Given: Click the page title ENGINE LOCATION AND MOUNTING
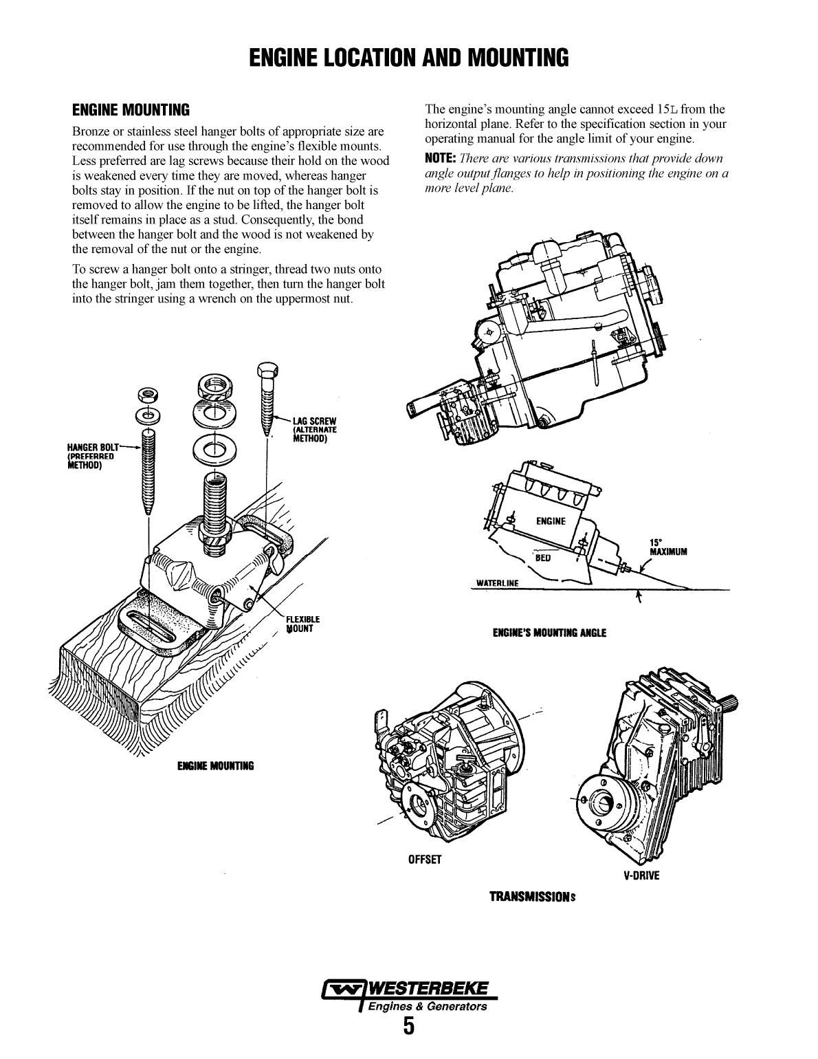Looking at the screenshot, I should (x=408, y=58).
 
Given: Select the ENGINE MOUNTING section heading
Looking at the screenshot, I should (x=131, y=110).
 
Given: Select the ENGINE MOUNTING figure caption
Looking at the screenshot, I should (x=215, y=765).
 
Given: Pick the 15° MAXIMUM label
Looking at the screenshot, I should (x=663, y=547).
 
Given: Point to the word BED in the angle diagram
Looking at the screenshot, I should (x=543, y=557).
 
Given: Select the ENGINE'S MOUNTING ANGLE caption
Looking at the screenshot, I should (x=549, y=633).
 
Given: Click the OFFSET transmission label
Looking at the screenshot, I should (x=425, y=860).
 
